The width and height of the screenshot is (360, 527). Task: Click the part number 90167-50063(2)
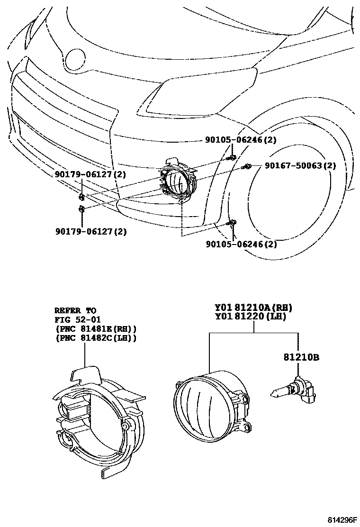point(300,166)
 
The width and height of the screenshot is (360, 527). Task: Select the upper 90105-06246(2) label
point(241,140)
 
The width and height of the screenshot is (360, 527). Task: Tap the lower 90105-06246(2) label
point(241,245)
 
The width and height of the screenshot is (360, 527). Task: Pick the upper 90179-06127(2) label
point(90,174)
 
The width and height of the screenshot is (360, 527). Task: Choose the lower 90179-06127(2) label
point(90,232)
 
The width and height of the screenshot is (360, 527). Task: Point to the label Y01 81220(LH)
point(251,318)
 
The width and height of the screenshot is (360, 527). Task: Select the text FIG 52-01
point(78,320)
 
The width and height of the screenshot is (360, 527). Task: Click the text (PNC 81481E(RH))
point(96,328)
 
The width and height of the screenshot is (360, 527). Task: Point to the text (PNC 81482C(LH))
point(96,337)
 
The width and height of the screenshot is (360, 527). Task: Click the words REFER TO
point(75,311)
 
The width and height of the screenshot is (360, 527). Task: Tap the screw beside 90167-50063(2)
point(246,166)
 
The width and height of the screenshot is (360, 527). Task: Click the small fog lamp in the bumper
point(177,182)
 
